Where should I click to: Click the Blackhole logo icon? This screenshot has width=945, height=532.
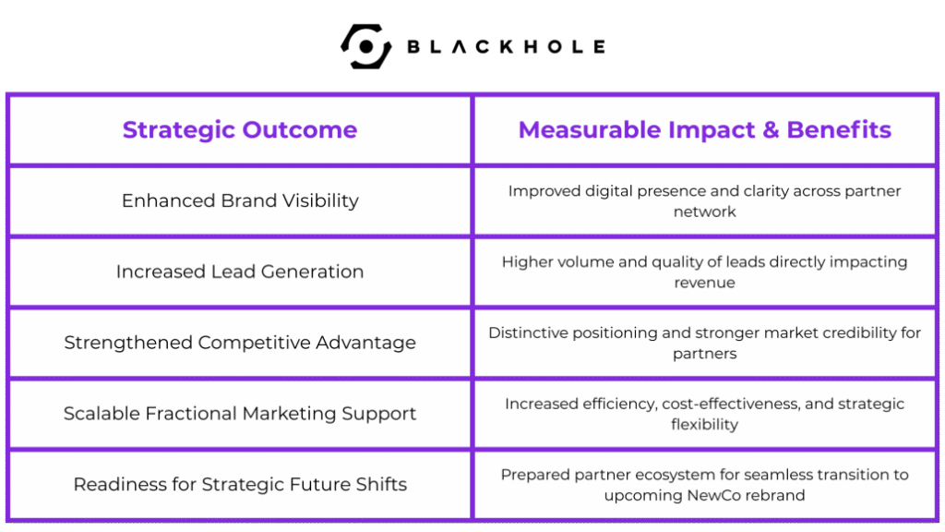pos(365,46)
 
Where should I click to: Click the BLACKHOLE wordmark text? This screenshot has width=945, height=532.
pos(507,46)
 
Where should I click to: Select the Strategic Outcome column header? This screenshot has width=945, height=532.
pos(240,129)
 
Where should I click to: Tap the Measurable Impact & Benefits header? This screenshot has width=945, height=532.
pos(704,129)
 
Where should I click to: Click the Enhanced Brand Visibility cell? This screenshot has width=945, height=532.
pos(240,200)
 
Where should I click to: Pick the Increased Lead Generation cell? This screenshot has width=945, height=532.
pos(240,272)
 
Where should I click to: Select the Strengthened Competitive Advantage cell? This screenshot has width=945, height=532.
pos(240,343)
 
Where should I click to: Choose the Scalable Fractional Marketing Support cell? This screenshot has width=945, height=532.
pos(240,413)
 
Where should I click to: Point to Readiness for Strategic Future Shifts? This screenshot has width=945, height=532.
pos(240,484)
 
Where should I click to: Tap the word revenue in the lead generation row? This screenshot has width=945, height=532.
pos(704,283)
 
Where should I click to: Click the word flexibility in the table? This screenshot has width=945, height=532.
pos(704,425)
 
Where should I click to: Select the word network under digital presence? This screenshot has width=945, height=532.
pos(704,212)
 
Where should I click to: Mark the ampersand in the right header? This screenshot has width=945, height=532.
pos(771,129)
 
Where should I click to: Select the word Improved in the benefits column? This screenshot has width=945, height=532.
pos(536,191)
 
